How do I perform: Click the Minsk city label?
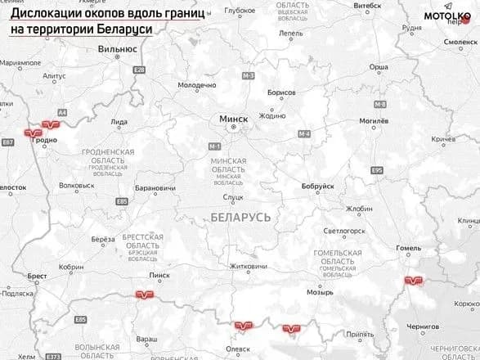point(232,119)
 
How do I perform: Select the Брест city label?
point(38,277)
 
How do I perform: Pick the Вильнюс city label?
point(116,48)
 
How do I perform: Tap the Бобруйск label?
point(317,187)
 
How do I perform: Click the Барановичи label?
point(155,188)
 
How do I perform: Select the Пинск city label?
point(159,275)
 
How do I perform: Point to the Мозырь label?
point(319,291)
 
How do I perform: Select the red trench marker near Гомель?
point(414,281)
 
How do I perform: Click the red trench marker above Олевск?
point(243,326)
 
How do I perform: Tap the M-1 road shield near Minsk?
point(216,146)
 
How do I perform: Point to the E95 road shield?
point(376,169)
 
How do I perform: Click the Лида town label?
point(119,122)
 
